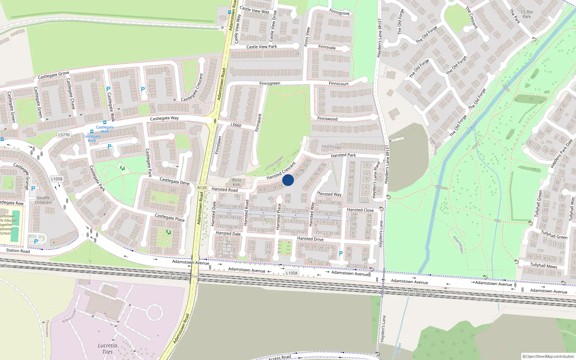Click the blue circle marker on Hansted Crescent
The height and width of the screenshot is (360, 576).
288,180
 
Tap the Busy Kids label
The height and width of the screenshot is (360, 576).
237,182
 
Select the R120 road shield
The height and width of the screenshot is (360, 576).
202,188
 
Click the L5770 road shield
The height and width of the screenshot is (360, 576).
64,135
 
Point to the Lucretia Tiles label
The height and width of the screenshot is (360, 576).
107,348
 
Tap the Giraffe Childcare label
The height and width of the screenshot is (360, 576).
43,200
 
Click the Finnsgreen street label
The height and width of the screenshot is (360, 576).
270,84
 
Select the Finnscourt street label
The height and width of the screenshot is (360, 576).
338,84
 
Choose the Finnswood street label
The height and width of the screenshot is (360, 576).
327,119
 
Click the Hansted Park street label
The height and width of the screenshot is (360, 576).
343,155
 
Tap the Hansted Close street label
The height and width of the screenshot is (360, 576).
360,210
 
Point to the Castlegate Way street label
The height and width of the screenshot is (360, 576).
164,118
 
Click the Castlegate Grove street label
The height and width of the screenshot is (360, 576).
53,75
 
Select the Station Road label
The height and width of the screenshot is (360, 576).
18,251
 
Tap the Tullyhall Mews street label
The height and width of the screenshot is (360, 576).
543,266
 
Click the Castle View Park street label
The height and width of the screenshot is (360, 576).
261,47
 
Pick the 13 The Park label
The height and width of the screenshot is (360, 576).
527,14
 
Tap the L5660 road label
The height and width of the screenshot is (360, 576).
236,125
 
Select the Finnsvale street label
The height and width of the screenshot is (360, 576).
327,47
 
